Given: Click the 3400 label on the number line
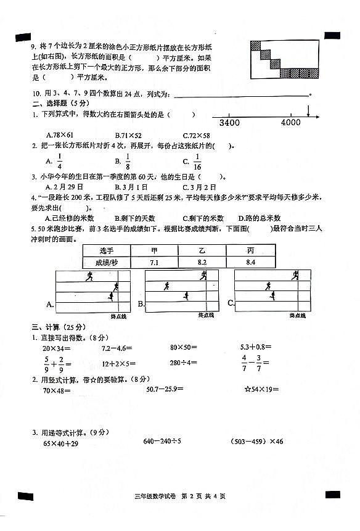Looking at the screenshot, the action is pos(229,123).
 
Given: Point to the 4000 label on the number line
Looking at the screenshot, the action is pos(290,123).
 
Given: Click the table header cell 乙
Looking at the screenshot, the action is pos(202,250).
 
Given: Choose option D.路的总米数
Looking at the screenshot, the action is pos(260,218).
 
